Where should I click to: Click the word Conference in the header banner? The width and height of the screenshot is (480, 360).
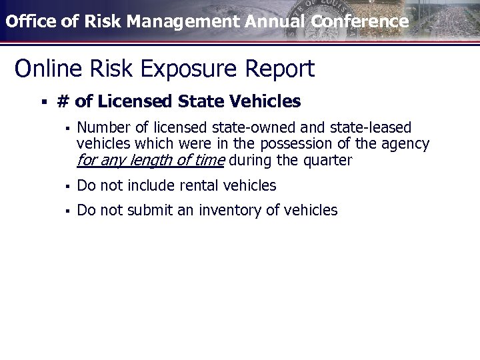(359, 21)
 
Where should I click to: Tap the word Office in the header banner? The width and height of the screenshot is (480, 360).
(26, 21)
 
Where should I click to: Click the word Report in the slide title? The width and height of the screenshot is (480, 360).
(280, 68)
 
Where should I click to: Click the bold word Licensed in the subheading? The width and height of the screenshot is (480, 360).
(135, 102)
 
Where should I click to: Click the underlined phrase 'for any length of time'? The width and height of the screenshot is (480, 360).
(151, 161)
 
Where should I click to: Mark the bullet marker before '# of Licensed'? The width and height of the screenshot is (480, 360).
(43, 103)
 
